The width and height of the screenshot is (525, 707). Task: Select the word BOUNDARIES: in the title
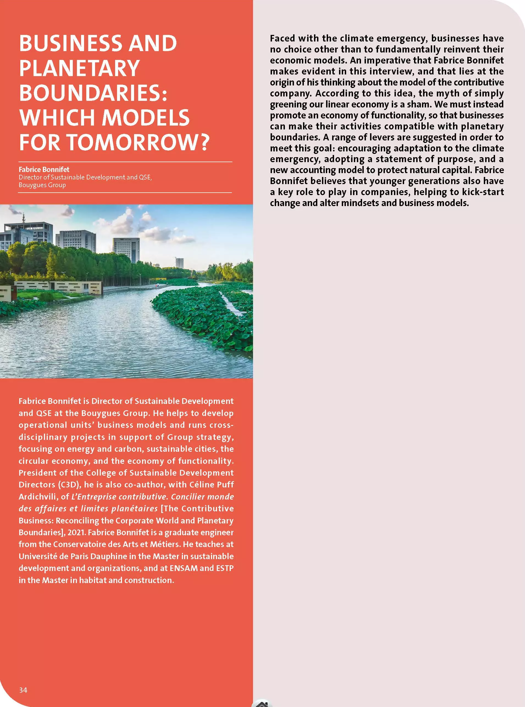(93, 93)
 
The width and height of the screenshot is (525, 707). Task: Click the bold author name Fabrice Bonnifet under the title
(44, 170)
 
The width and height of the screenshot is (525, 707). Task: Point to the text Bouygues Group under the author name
(42, 185)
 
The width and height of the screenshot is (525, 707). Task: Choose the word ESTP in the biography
(225, 568)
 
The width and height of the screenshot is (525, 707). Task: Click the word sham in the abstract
(418, 104)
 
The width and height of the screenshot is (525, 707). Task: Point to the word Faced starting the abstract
(282, 38)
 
